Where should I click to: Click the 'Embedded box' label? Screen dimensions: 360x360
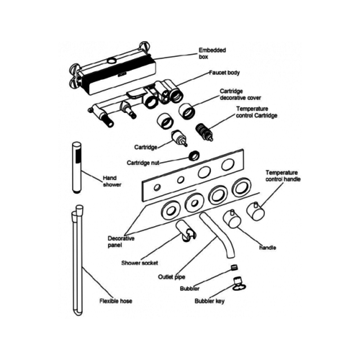click(212, 54)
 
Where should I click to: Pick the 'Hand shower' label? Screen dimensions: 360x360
click(112, 181)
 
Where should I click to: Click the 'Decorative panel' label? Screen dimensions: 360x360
click(123, 241)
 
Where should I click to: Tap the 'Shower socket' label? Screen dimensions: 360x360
click(139, 263)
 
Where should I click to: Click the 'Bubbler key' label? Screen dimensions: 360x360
click(210, 301)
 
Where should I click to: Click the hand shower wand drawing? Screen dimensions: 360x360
click(76, 169)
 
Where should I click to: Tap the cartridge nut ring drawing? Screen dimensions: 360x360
click(192, 154)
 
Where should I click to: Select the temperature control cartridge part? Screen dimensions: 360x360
click(204, 133)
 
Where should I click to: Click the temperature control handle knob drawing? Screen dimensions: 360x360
click(256, 213)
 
